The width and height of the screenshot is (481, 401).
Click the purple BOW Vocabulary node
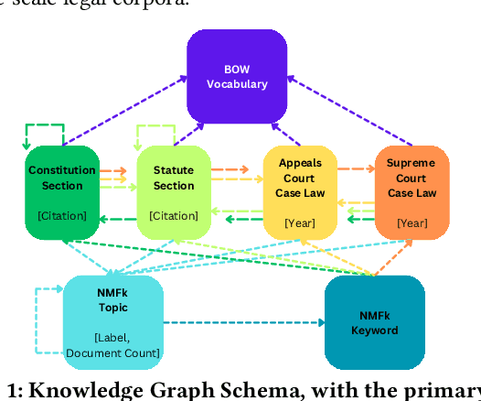coord(237,76)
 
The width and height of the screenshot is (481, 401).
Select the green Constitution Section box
coord(62,192)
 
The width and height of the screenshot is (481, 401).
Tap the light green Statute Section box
coord(174,192)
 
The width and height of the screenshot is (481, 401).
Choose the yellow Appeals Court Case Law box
coord(299,192)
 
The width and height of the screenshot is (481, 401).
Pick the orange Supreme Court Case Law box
coord(412,192)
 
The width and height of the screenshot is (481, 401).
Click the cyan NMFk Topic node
coord(113,322)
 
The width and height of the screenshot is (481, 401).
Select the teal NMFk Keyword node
coord(375,322)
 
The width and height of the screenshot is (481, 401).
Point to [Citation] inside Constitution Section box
coord(62,216)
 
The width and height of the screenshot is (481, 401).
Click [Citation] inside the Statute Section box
coord(174,216)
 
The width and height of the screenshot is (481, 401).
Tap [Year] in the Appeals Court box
coord(299,222)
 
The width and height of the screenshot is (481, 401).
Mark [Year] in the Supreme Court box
coord(412,222)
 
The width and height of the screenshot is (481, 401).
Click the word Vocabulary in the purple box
coord(237,84)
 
